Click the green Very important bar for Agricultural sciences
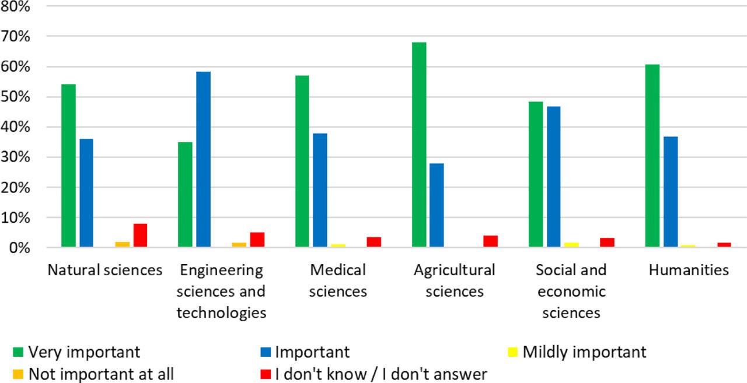[x=419, y=145]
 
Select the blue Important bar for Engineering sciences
[x=204, y=160]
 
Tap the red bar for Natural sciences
[x=140, y=236]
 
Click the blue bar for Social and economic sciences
[x=554, y=177]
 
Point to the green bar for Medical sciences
[x=302, y=161]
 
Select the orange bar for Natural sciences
[x=122, y=244]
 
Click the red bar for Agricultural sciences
[x=490, y=241]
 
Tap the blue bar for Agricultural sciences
[x=437, y=205]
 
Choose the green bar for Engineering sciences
[x=186, y=195]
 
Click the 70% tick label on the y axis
[x=23, y=37]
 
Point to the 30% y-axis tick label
[x=23, y=157]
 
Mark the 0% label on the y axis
[x=27, y=248]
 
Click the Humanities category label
[x=688, y=270]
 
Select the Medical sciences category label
[x=338, y=280]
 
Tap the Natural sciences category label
[x=105, y=270]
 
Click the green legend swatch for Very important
[x=18, y=352]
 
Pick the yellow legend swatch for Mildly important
[x=513, y=352]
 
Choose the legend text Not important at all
[x=101, y=374]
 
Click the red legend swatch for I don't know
[x=266, y=374]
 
